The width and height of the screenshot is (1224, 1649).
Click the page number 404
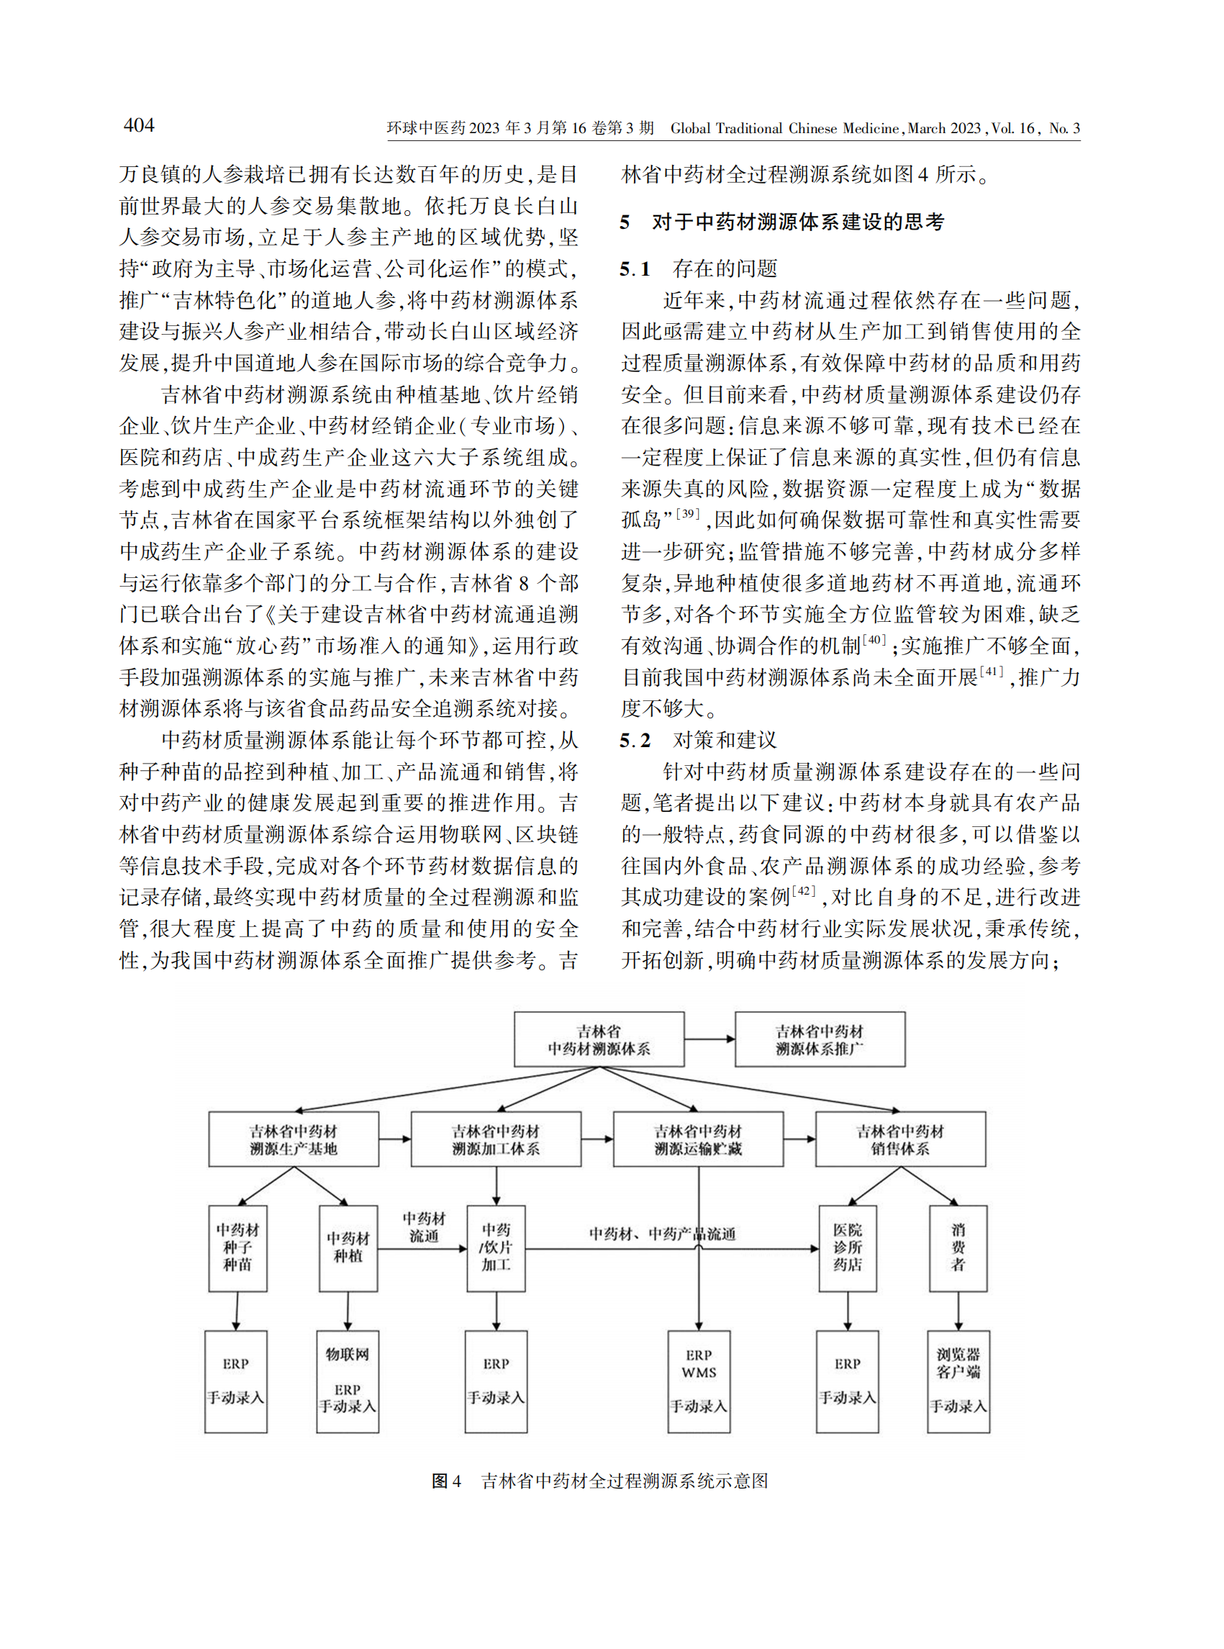[x=139, y=125]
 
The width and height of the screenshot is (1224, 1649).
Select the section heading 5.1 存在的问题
[x=698, y=268]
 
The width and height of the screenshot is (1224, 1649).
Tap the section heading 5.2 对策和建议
[x=698, y=740]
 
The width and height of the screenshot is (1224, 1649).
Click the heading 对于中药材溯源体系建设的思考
[x=797, y=222]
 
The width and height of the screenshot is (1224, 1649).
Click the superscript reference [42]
[x=803, y=891]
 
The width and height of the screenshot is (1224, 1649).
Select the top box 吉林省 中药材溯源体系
[x=599, y=1039]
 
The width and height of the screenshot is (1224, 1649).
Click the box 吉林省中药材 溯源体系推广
[x=820, y=1039]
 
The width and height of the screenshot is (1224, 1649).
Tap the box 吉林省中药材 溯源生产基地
[x=294, y=1139]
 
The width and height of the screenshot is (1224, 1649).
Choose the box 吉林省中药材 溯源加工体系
[x=496, y=1139]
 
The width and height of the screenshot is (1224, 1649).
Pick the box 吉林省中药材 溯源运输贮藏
[x=698, y=1139]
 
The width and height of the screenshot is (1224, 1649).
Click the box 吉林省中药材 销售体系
[x=900, y=1139]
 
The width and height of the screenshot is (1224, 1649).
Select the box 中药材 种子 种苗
[x=238, y=1248]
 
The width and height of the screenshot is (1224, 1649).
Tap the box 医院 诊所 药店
[x=848, y=1248]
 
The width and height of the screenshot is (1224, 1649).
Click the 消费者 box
[x=958, y=1248]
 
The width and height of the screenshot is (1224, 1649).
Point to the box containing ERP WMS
[x=699, y=1381]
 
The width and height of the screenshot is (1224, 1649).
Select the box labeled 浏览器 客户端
[x=958, y=1381]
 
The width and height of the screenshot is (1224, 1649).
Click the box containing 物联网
[x=348, y=1381]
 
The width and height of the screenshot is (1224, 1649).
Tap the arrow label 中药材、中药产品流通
[x=661, y=1233]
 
